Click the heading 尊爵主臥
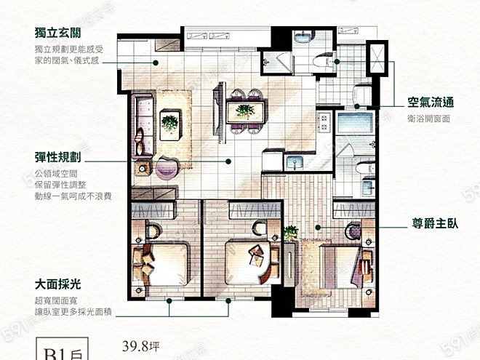431,226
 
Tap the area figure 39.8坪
140,346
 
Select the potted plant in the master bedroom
291,233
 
